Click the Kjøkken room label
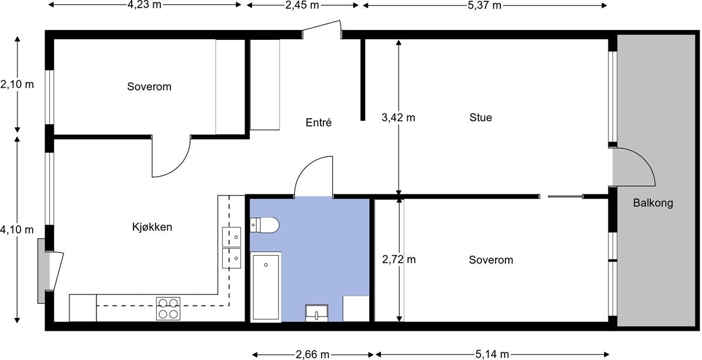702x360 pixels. click(152, 227)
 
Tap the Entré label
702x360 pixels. click(319, 123)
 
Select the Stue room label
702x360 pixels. click(481, 118)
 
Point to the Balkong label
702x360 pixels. click(653, 204)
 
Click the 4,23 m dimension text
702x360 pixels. click(144, 5)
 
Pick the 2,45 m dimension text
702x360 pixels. click(302, 5)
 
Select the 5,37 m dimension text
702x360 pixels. click(484, 5)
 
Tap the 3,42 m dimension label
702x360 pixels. click(398, 118)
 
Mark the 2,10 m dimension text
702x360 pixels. click(17, 84)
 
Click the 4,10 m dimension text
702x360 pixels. click(17, 230)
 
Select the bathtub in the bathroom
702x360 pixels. click(266, 287)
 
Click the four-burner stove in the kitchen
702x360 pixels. click(168, 308)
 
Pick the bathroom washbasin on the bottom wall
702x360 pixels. click(316, 313)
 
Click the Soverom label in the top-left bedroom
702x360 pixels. click(149, 87)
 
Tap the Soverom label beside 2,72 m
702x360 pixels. click(491, 260)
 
